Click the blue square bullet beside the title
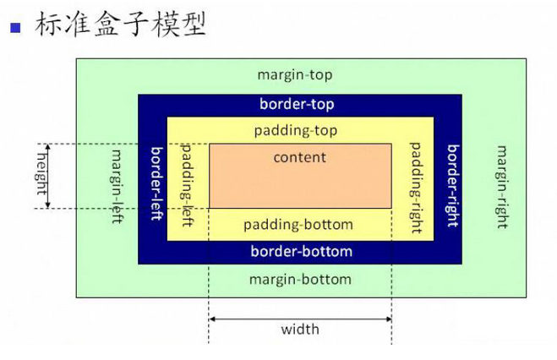(15, 28)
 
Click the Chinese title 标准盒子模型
(121, 25)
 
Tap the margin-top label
(295, 75)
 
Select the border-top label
(297, 104)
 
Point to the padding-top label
(296, 131)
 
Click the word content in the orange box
(300, 157)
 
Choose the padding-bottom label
(298, 225)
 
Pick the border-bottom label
(302, 251)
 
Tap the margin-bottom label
(301, 280)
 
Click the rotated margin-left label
(117, 187)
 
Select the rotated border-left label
(156, 183)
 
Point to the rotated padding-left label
(187, 185)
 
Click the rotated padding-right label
(417, 188)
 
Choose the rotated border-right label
(453, 186)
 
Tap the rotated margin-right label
(501, 187)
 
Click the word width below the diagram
(300, 330)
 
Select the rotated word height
(42, 174)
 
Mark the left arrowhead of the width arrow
(211, 319)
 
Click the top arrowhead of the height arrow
(48, 146)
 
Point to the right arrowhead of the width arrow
(389, 319)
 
